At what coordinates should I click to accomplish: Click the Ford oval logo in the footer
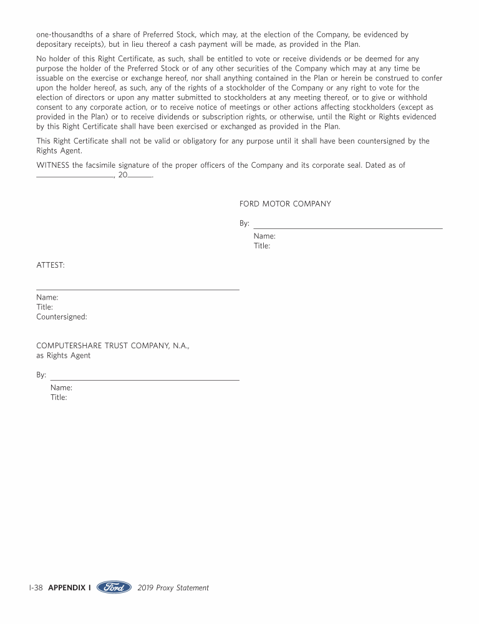(114, 587)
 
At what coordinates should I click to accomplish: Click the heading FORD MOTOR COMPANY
(285, 204)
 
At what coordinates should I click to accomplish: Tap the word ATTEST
(51, 265)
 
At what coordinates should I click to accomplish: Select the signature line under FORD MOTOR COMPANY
(347, 228)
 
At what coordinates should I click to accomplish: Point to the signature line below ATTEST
(138, 289)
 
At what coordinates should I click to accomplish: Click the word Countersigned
(62, 316)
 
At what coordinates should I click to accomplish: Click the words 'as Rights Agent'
(63, 356)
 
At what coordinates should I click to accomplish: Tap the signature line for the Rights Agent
(145, 379)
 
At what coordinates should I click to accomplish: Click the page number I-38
(36, 588)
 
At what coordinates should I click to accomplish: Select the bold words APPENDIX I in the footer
(69, 588)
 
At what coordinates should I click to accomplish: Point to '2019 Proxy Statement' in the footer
(173, 588)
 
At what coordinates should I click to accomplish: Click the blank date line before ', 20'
(75, 177)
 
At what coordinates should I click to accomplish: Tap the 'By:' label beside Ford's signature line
(244, 223)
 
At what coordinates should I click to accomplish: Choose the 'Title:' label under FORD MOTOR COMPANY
(262, 246)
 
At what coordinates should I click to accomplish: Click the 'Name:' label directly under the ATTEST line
(47, 298)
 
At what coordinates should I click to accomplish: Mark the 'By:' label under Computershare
(41, 375)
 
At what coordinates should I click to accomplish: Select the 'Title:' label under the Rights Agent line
(59, 397)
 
